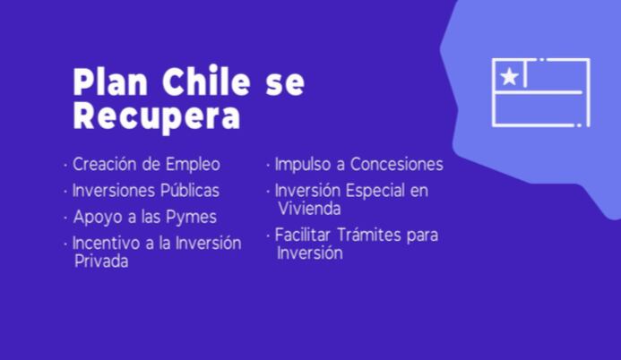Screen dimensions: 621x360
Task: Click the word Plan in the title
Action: pyautogui.click(x=110, y=81)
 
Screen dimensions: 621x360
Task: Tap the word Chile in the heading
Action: pyautogui.click(x=206, y=81)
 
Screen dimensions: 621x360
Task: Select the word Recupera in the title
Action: pyautogui.click(x=157, y=116)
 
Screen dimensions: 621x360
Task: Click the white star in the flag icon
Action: pyautogui.click(x=509, y=76)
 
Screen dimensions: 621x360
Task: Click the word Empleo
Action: pyautogui.click(x=193, y=165)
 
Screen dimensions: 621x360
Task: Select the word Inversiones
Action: pyautogui.click(x=113, y=191)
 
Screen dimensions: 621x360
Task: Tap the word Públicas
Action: pyautogui.click(x=190, y=190)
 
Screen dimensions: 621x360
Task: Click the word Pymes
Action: pyautogui.click(x=191, y=218)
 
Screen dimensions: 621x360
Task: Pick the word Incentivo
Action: pyautogui.click(x=106, y=243)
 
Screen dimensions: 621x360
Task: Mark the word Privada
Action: pyautogui.click(x=101, y=261)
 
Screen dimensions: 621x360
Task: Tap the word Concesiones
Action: pyautogui.click(x=397, y=164)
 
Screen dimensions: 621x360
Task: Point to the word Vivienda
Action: pyautogui.click(x=309, y=209)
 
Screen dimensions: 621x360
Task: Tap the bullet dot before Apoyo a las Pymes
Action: pyautogui.click(x=65, y=218)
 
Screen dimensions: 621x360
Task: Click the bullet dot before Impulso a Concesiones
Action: pyautogui.click(x=268, y=165)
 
